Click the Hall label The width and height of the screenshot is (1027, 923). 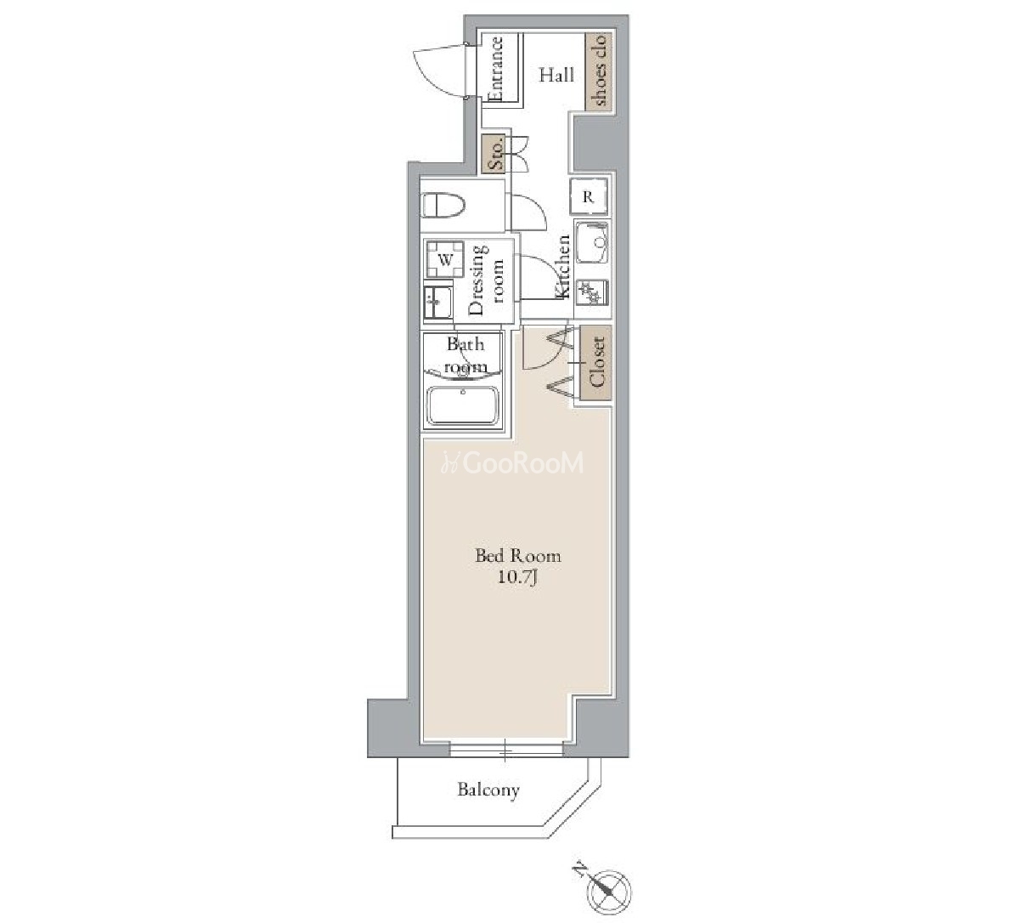(x=556, y=76)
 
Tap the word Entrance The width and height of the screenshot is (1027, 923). (x=495, y=70)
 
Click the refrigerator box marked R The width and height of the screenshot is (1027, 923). (x=588, y=197)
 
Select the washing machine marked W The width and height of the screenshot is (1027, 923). (x=445, y=260)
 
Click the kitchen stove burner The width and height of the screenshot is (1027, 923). (x=591, y=292)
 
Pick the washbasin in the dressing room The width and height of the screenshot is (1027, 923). (x=438, y=303)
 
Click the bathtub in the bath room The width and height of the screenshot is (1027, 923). (x=463, y=405)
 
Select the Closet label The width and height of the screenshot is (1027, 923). (x=596, y=362)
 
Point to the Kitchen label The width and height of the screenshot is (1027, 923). (x=563, y=266)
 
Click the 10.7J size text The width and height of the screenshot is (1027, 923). (x=517, y=577)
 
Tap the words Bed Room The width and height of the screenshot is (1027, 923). (x=518, y=556)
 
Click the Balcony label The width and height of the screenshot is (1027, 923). (x=488, y=790)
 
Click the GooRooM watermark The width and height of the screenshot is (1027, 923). (x=512, y=463)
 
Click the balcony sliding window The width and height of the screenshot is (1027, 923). (x=506, y=750)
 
